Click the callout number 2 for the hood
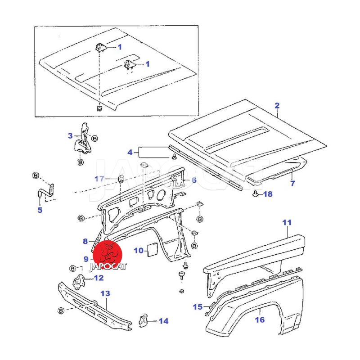277,106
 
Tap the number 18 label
268,194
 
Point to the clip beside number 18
256,194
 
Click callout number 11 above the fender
287,222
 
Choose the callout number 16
260,320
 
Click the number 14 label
163,321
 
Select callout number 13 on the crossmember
105,293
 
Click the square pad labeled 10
151,249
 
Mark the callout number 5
40,209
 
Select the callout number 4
130,152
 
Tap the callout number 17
99,179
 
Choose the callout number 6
194,180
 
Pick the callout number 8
85,241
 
